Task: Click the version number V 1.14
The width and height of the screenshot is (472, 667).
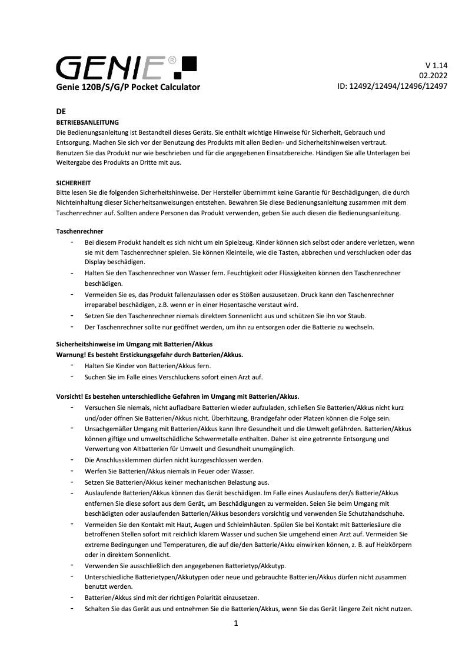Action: pos(436,65)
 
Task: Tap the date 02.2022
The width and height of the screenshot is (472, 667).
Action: pos(433,75)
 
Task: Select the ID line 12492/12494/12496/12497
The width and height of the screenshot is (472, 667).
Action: pos(392,86)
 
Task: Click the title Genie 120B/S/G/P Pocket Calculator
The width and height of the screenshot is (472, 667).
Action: pos(128,87)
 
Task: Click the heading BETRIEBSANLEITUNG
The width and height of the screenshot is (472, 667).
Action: pos(87,122)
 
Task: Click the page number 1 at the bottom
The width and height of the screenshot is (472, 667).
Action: pos(236,623)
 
